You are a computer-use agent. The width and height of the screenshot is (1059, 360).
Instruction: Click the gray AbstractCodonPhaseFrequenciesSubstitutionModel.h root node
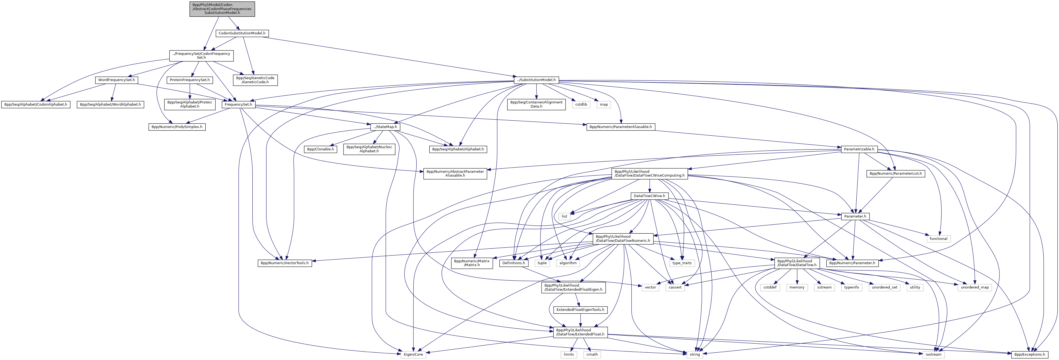pos(222,9)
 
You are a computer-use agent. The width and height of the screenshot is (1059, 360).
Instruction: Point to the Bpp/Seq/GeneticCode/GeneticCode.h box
pos(255,80)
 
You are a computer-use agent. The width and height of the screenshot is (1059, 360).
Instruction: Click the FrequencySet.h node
pos(238,104)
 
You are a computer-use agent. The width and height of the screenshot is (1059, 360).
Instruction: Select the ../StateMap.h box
pos(385,127)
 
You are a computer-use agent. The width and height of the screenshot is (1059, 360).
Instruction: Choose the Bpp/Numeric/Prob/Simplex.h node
pos(177,127)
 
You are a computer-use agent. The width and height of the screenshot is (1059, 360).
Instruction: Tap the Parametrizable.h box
pos(859,149)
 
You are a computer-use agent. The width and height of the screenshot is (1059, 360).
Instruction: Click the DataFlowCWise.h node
pos(649,196)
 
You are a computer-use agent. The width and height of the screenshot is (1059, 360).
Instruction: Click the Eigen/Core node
pos(413,354)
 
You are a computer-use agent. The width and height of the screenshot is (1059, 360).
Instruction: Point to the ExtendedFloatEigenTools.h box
pos(580,310)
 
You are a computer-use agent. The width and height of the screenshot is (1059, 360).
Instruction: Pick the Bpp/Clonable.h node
pos(321,149)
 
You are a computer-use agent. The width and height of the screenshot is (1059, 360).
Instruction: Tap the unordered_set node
pos(884,287)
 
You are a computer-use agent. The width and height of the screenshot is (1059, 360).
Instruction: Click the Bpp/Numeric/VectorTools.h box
pos(285,263)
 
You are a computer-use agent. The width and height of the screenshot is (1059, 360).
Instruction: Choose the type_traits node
pos(682,263)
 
